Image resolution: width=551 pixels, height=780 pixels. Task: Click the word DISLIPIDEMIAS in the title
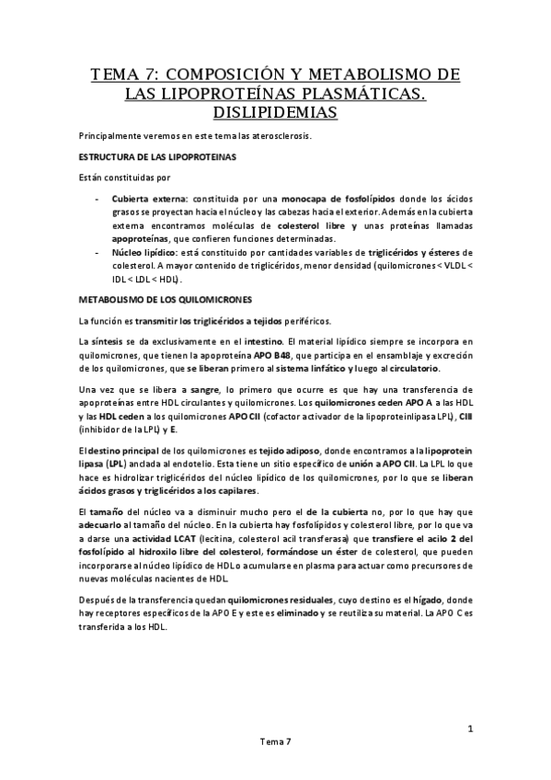pos(275,113)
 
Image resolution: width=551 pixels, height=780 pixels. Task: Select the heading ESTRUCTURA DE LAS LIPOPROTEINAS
pos(159,156)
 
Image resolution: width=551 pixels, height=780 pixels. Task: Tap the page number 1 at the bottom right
pos(469,731)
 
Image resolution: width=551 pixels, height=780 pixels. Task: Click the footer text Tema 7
pos(275,765)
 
